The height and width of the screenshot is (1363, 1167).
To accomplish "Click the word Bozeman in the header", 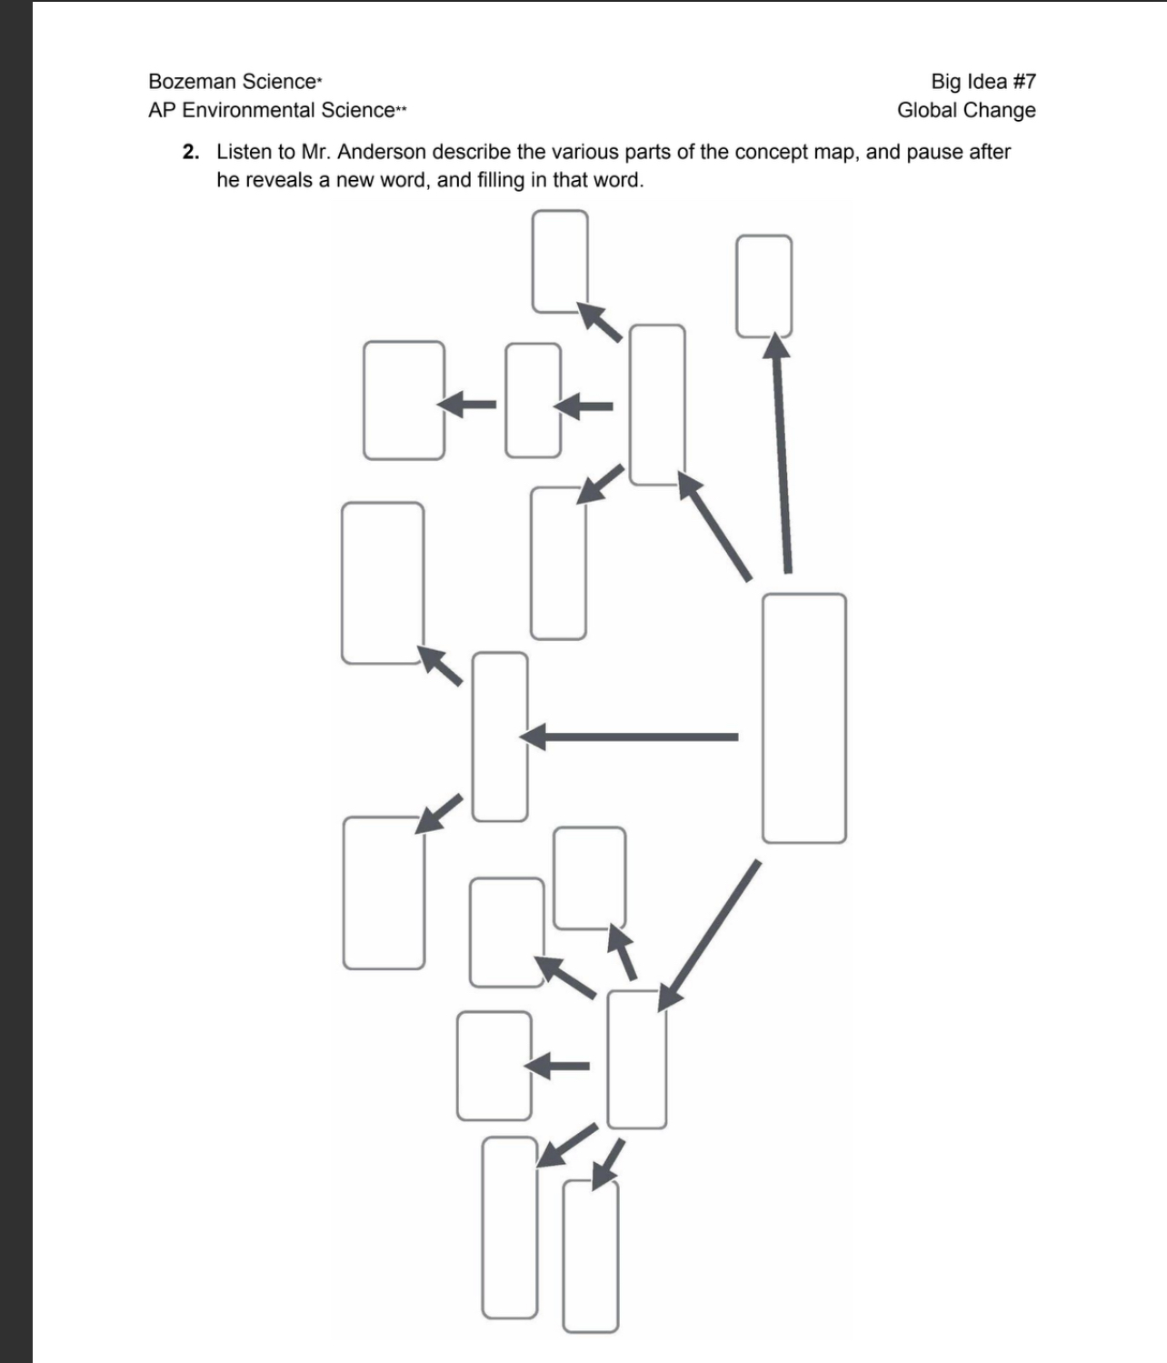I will (x=185, y=82).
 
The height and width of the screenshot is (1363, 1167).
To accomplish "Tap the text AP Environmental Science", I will (x=273, y=110).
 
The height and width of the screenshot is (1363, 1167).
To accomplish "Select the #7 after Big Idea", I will (x=1023, y=82).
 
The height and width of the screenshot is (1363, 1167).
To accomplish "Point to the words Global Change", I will (x=966, y=110).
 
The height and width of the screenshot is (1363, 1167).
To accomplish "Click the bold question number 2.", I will (x=190, y=152).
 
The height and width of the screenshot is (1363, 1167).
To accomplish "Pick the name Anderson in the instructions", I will (x=381, y=152).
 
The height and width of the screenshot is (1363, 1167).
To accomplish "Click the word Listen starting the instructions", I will (x=243, y=152).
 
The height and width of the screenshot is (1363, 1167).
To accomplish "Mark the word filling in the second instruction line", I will (x=501, y=180).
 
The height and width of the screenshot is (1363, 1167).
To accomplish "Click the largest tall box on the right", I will (x=803, y=718).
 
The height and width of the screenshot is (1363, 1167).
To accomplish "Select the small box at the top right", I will (x=763, y=286).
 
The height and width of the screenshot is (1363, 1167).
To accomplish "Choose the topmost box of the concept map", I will (x=560, y=261).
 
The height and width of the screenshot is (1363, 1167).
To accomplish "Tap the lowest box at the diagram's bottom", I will (x=591, y=1256).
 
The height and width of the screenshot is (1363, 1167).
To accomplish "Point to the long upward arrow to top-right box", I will (x=781, y=455).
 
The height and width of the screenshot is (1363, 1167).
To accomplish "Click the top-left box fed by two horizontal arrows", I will (x=404, y=400).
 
